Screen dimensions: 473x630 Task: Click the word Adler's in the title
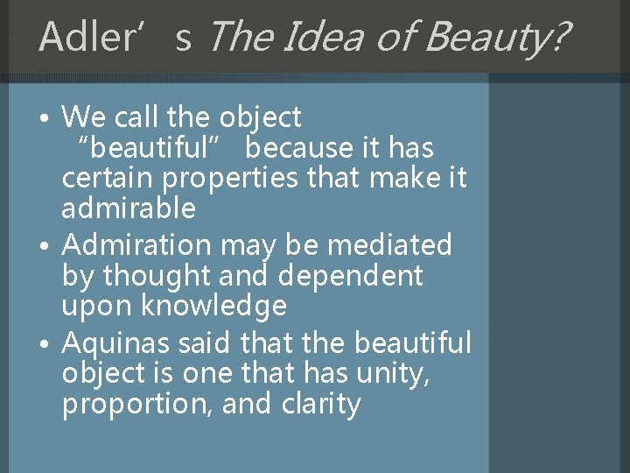pyautogui.click(x=115, y=36)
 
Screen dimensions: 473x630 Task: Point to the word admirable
pyautogui.click(x=129, y=208)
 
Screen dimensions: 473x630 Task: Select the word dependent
pyautogui.click(x=351, y=276)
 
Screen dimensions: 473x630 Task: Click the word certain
pyautogui.click(x=108, y=179)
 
